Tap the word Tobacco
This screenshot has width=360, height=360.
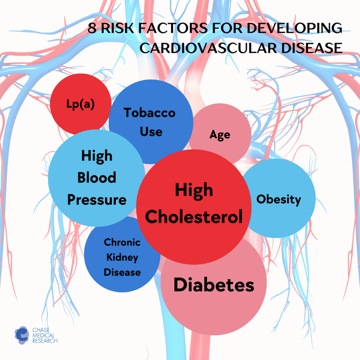[149, 113]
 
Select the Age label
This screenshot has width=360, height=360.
[220, 135]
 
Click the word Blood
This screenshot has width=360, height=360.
[97, 177]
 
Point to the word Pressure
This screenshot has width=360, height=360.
[97, 199]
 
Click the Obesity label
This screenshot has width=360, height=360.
[278, 199]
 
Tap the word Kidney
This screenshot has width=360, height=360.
[122, 257]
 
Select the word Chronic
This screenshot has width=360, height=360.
[122, 242]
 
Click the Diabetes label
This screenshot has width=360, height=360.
[214, 285]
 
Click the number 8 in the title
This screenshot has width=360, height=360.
[92, 28]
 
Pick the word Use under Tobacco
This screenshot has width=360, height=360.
[151, 131]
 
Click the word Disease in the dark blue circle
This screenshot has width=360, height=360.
[122, 272]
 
